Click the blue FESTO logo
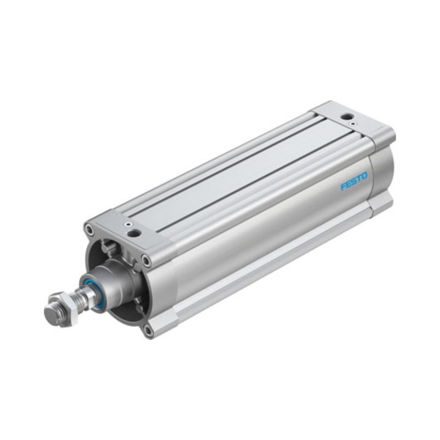coord(354,182)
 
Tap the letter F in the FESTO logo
coord(343,187)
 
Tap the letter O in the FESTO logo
coord(364,177)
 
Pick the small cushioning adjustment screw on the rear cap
coord(352,123)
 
